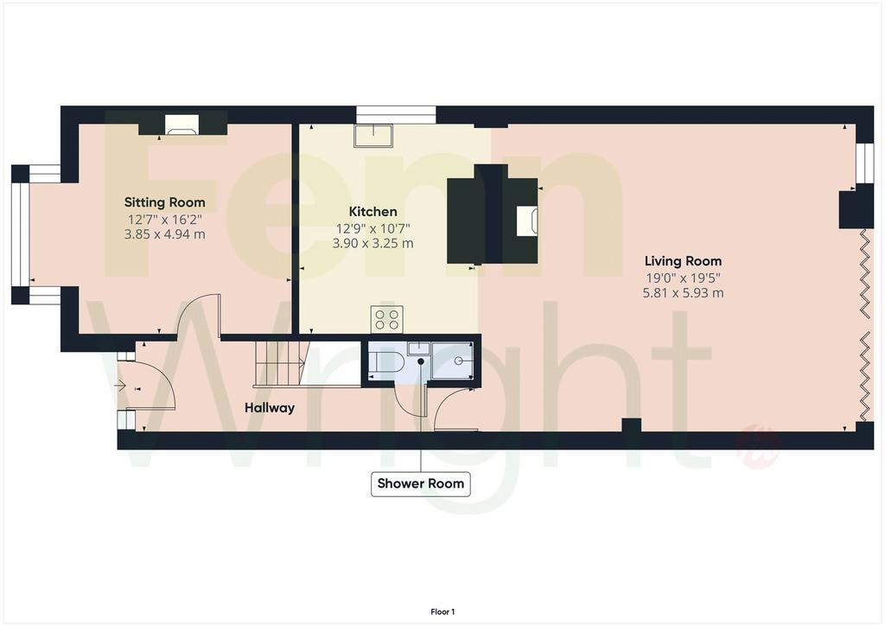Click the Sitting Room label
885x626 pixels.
point(165,202)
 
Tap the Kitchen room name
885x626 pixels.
point(372,212)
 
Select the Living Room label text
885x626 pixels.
point(683,261)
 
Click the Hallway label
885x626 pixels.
point(270,407)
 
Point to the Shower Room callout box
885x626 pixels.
point(421,483)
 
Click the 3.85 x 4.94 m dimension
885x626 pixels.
point(165,233)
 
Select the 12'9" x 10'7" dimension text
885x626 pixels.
point(372,228)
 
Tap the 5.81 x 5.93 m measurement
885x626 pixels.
point(683,293)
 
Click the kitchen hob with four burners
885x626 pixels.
point(386,319)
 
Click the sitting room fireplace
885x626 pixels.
point(181,125)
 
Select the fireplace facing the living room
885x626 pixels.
point(527,220)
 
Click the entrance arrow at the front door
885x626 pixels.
point(120,386)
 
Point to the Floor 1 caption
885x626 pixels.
point(442,612)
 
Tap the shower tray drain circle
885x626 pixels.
point(459,361)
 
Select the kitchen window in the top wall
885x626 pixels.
point(396,115)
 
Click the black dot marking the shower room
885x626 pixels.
point(421,361)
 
